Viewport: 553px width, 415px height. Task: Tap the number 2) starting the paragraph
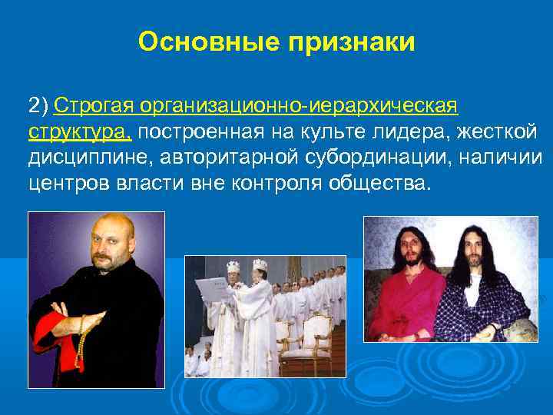pyautogui.click(x=38, y=105)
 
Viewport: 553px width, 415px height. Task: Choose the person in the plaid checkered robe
pyautogui.click(x=484, y=304)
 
